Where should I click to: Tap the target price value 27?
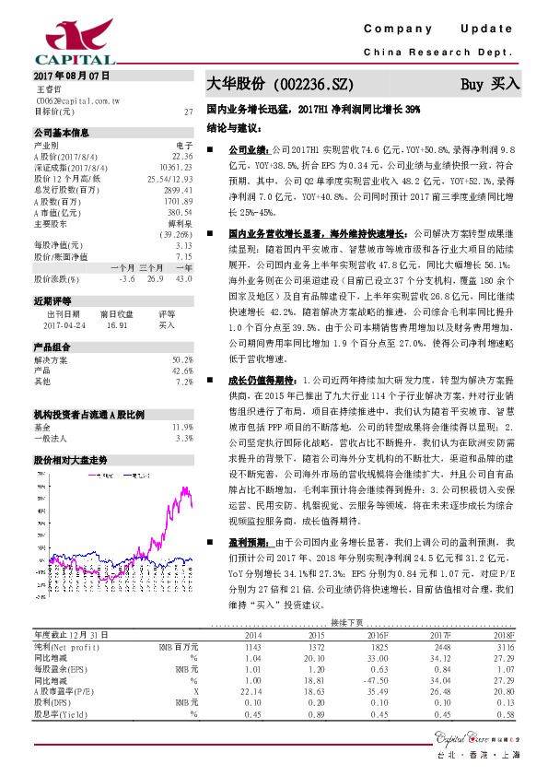(187, 112)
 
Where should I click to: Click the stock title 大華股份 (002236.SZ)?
(279, 84)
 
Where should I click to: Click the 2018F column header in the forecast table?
(503, 635)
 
